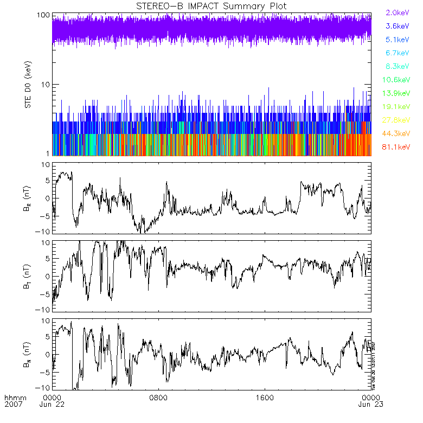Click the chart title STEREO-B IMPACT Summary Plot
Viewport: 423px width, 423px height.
[211, 6]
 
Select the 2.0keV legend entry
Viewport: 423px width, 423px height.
[397, 12]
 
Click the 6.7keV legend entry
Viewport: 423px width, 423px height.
[397, 53]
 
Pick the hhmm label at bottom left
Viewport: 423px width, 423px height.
[12, 397]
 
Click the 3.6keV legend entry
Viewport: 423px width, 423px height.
[397, 25]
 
